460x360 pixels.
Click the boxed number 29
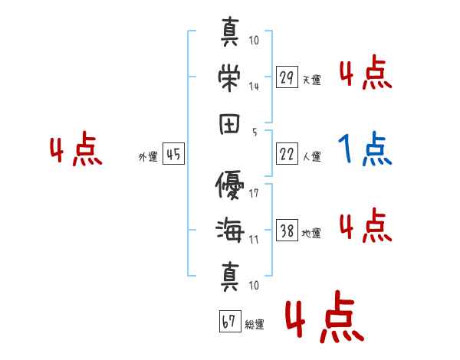287,77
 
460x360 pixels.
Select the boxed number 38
287,231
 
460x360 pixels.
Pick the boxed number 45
173,155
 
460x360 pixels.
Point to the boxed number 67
228,322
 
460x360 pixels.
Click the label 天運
311,80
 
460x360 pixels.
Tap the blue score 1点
365,149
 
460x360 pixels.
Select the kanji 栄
229,75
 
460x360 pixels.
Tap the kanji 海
229,230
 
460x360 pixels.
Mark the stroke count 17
254,193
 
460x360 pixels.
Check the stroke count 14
254,86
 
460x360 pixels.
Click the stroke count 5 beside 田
254,132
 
